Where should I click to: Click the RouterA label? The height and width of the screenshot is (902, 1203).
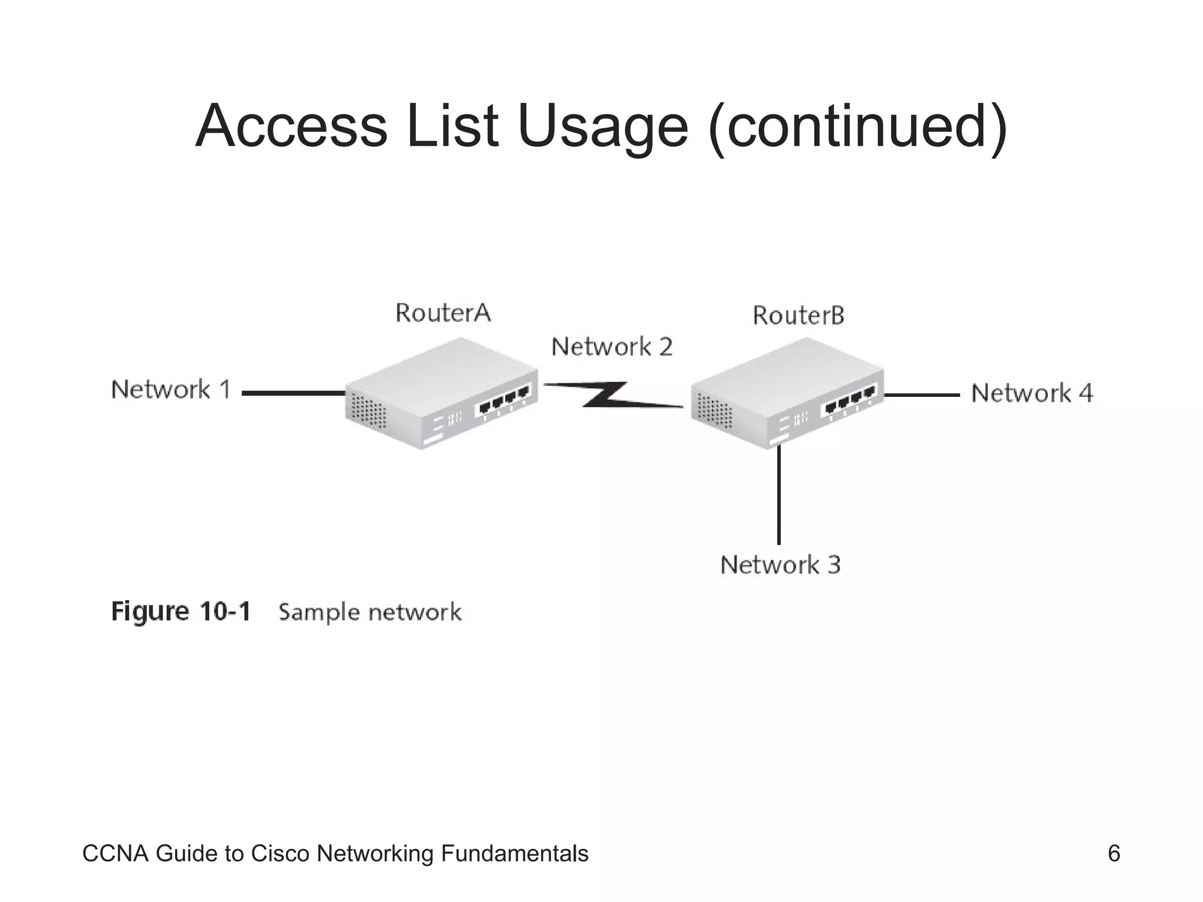443,313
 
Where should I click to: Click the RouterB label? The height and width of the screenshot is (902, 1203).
798,316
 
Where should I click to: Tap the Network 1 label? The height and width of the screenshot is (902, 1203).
171,390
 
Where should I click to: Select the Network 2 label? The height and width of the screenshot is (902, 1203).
611,347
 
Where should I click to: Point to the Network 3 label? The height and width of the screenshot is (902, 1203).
780,565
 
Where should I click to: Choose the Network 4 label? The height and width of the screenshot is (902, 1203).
1031,393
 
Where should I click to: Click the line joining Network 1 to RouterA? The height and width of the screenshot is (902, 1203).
294,393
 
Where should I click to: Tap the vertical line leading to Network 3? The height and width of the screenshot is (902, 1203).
779,496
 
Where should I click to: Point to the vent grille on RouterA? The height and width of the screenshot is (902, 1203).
368,410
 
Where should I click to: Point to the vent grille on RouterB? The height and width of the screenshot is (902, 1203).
714,410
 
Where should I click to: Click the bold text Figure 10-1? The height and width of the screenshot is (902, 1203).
181,612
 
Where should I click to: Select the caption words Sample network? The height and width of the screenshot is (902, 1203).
369,612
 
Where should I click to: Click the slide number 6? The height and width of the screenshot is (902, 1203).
1113,853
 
